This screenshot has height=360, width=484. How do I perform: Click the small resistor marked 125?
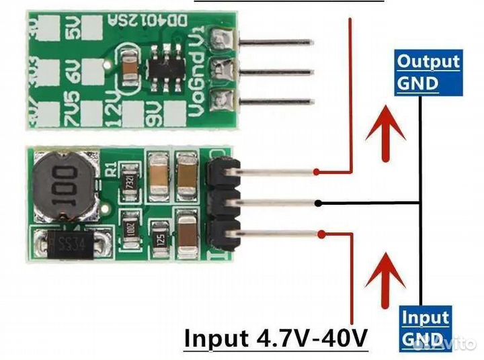click(x=160, y=238)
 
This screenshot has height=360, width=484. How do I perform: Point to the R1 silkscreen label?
click(x=112, y=167)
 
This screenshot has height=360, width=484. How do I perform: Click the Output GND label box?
click(x=428, y=73)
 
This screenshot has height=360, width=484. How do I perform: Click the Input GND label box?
click(x=425, y=328)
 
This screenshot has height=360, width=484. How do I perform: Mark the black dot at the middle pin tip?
click(x=322, y=202)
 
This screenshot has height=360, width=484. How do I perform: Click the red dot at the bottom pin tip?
click(x=323, y=234)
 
